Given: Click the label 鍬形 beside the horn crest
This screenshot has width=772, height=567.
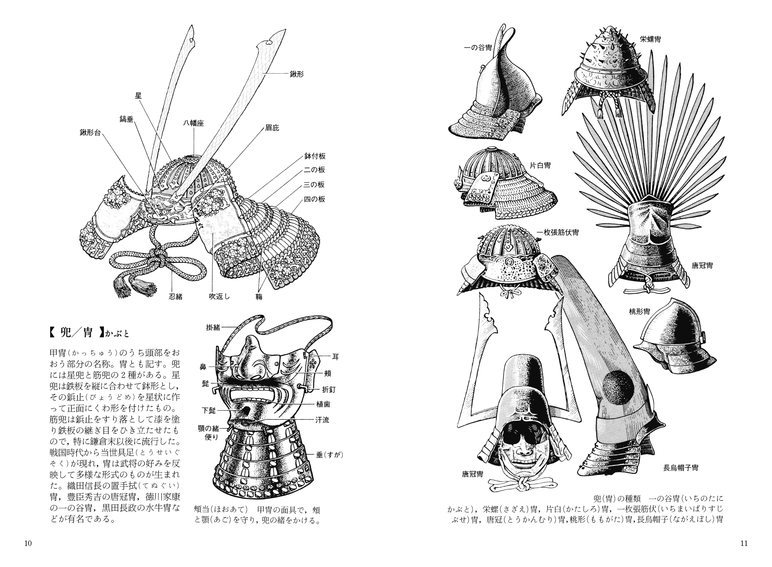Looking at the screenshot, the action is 296,74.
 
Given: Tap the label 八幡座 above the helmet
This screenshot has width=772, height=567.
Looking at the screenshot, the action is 193,124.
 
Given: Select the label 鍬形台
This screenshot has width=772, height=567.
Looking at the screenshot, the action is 90,132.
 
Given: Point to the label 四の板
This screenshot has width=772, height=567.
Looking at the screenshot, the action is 314,199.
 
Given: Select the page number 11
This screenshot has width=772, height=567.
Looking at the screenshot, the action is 744,543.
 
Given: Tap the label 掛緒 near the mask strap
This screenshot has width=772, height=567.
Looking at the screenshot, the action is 213,327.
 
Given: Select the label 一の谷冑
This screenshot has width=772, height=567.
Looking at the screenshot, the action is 478,49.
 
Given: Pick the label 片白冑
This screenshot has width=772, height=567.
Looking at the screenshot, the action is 540,165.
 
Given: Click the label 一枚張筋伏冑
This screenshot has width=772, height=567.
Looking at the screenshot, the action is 557,233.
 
